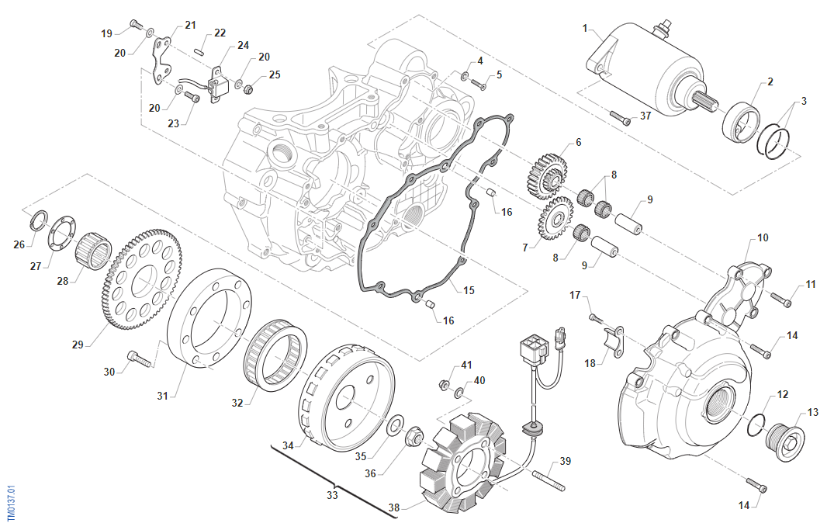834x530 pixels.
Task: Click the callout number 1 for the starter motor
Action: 586,28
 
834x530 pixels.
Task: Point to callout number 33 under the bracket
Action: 332,494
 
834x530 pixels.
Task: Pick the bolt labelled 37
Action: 621,118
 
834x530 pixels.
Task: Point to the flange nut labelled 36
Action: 414,440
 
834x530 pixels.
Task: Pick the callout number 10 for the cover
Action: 763,237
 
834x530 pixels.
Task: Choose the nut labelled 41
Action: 445,383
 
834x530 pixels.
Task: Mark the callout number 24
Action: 243,45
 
